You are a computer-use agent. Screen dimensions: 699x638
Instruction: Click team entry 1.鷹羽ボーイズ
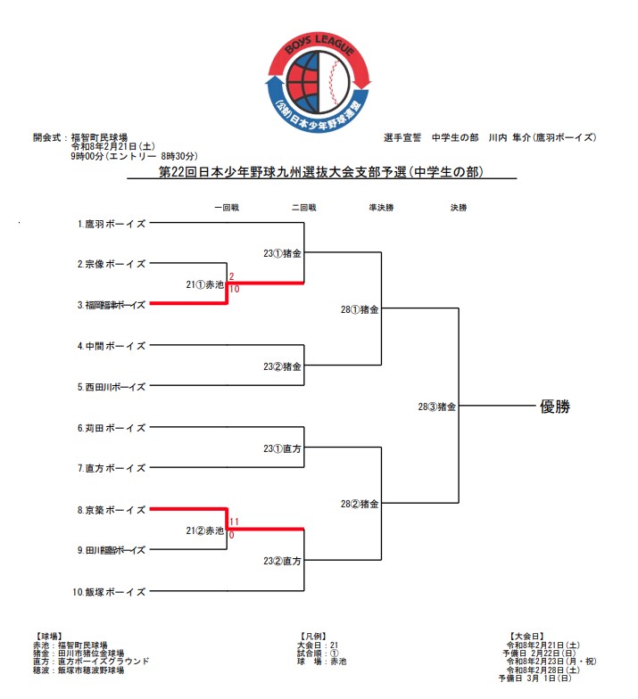tap(112, 224)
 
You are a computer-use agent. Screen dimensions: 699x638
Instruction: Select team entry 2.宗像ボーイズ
tap(112, 264)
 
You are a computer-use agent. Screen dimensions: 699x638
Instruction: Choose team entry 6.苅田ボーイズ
tap(112, 428)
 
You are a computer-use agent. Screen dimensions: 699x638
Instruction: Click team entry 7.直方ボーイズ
tap(112, 468)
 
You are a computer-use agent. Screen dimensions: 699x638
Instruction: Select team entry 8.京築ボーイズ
tap(112, 509)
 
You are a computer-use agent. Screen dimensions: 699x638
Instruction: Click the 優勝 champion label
tap(554, 407)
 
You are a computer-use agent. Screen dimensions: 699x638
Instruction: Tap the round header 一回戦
tap(227, 207)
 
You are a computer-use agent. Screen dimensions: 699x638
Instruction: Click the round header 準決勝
tap(382, 207)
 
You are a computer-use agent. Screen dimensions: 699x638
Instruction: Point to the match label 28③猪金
tap(437, 407)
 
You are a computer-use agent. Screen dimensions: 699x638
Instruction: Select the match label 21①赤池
tap(204, 284)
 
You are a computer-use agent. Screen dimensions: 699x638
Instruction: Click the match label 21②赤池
tap(204, 530)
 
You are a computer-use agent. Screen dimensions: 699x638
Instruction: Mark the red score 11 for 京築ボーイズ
tap(235, 522)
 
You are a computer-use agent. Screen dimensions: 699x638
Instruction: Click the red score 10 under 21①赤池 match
tap(234, 290)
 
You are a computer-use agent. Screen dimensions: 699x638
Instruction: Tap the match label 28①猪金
tap(360, 310)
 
